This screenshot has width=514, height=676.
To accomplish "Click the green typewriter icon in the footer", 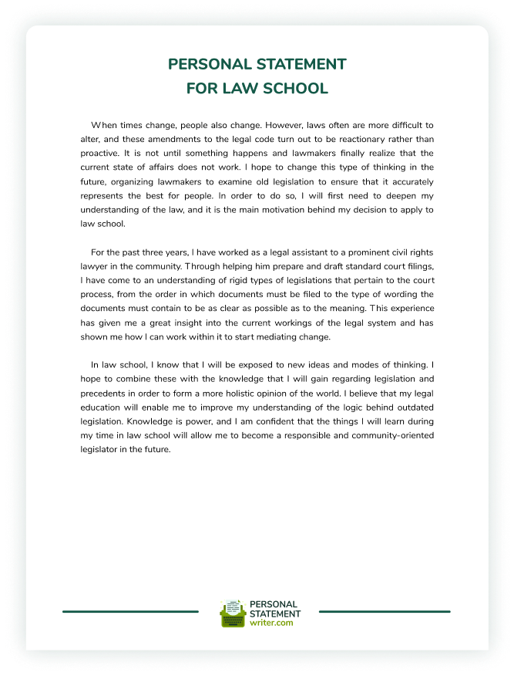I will pos(232,614).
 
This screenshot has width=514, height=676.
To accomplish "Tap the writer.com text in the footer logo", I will pos(271,623).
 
